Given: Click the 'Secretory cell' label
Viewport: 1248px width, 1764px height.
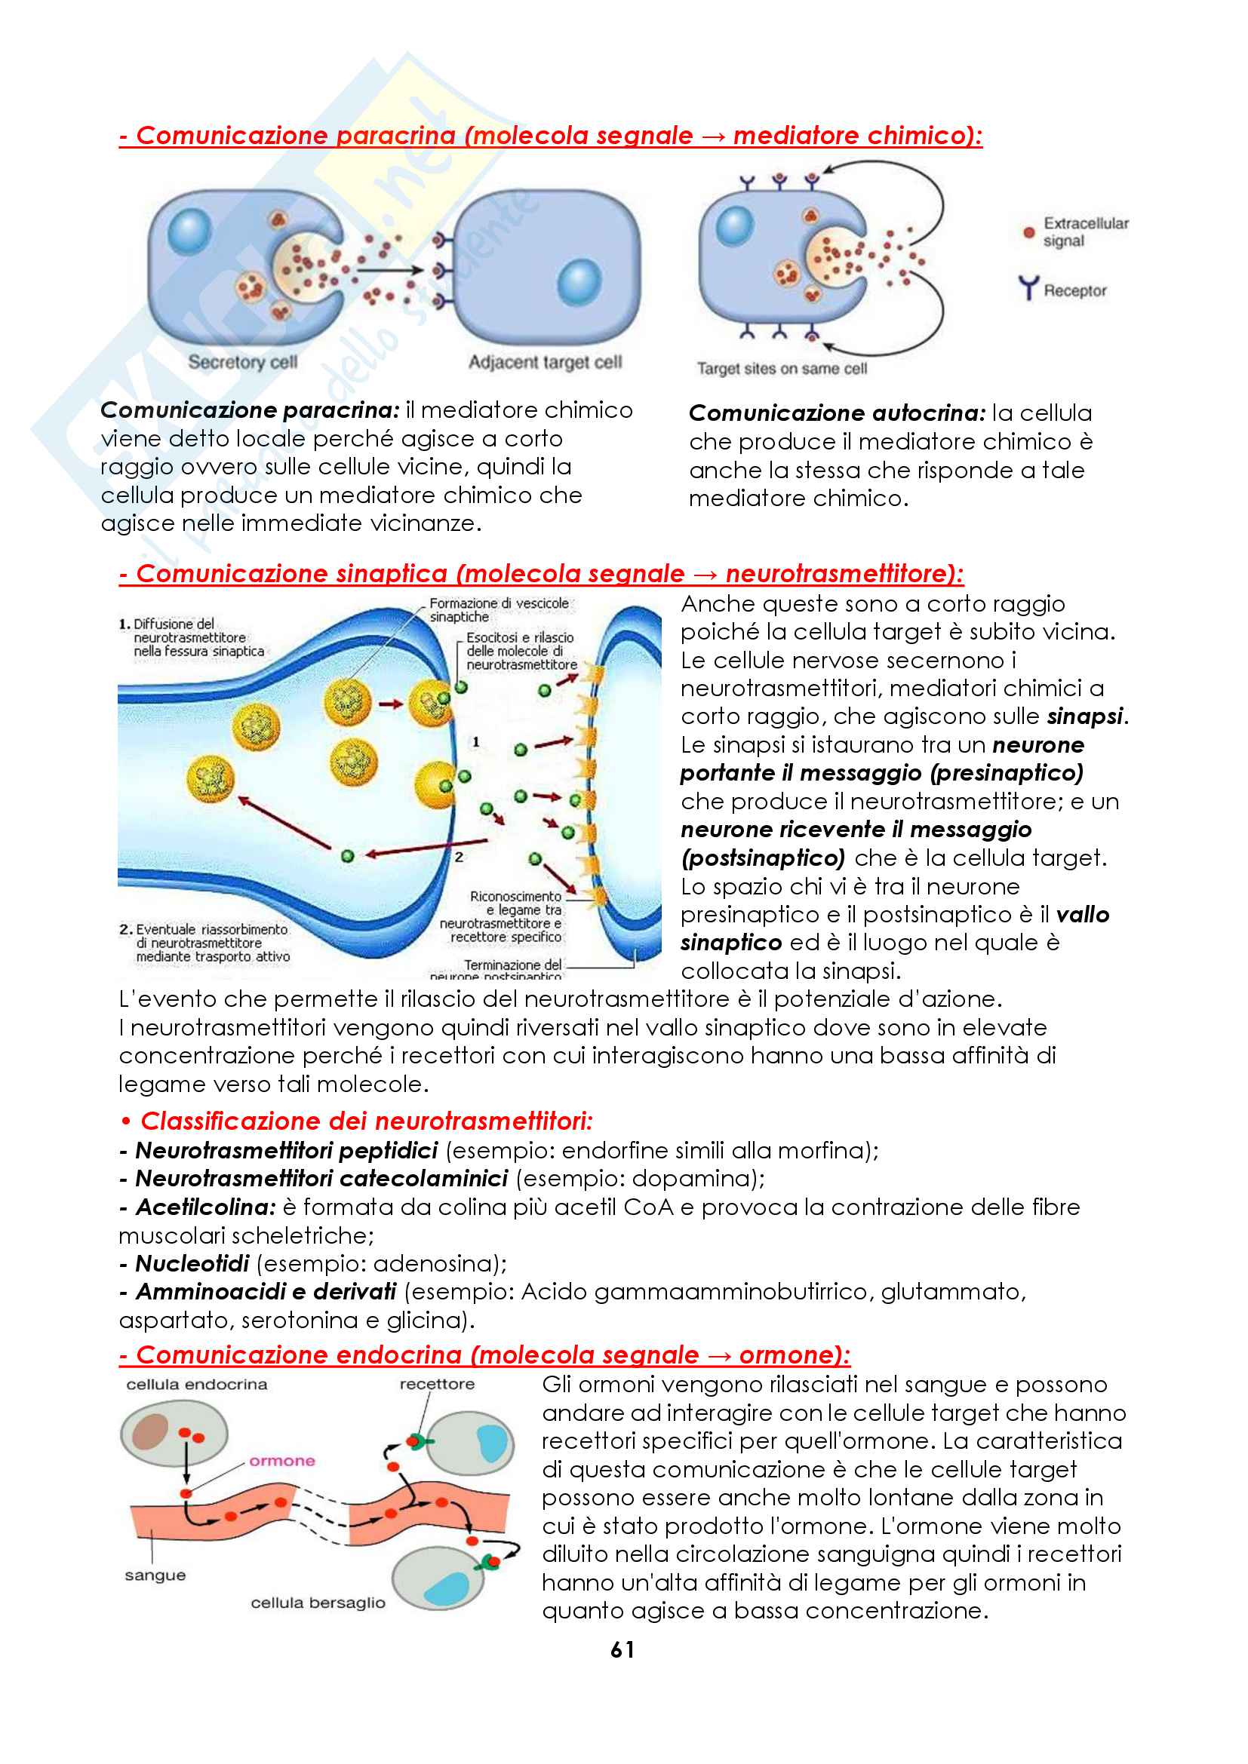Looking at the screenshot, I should (x=242, y=362).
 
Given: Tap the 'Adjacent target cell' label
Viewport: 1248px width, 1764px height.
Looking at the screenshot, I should (x=545, y=362).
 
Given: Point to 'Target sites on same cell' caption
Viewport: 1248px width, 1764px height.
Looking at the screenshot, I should (x=782, y=369).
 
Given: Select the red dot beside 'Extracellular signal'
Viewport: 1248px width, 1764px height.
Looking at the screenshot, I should (x=1029, y=232).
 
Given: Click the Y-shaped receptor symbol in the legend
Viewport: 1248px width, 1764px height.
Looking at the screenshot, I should (x=1028, y=288).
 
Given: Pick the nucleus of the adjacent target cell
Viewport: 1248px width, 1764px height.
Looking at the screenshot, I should (x=579, y=282).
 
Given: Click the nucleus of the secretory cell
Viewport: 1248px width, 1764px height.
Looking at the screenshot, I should (x=189, y=231).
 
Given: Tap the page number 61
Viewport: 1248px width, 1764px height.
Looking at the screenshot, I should (x=622, y=1649).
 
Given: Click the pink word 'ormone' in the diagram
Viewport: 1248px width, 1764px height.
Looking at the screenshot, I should (x=282, y=1461).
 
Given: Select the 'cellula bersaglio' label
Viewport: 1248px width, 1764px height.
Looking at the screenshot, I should (x=318, y=1603).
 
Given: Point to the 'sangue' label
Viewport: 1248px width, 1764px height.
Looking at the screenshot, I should (x=155, y=1575).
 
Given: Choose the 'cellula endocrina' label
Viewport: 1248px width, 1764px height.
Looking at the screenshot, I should (x=197, y=1385).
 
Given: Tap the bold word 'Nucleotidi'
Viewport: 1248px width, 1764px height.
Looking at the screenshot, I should (x=192, y=1264).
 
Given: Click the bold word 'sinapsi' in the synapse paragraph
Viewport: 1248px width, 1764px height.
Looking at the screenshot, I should (x=1085, y=716).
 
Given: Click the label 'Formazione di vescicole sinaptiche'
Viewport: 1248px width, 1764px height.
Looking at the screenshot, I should (x=499, y=610).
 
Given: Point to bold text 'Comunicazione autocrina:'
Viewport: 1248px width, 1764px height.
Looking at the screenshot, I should (x=837, y=413).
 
